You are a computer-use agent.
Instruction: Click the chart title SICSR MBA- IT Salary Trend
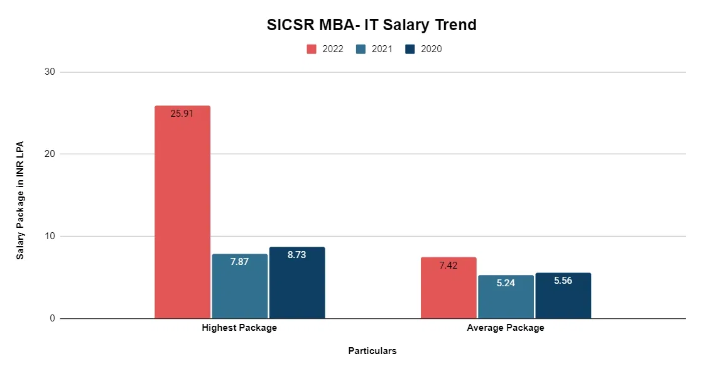click(371, 25)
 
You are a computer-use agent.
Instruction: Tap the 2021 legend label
click(382, 49)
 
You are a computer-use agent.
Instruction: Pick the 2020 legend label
click(431, 49)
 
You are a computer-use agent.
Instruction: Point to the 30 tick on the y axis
click(50, 72)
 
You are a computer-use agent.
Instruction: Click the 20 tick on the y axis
click(50, 154)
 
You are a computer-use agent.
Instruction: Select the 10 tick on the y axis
click(50, 237)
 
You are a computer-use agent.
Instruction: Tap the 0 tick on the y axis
click(52, 319)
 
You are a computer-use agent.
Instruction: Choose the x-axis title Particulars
click(372, 351)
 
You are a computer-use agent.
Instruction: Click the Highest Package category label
click(239, 328)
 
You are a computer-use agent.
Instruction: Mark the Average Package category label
click(506, 328)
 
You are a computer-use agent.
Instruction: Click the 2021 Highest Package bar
click(239, 289)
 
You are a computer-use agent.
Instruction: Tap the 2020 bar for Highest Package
click(296, 286)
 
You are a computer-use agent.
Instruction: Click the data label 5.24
click(506, 283)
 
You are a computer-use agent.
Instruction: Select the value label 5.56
click(563, 281)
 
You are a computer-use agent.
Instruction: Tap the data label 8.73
click(296, 255)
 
